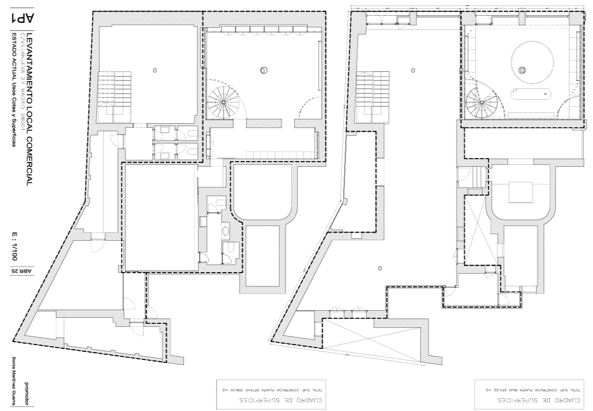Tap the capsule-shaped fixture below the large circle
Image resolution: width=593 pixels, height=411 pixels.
click(530, 94)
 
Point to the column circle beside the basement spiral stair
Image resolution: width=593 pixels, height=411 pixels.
click(264, 70)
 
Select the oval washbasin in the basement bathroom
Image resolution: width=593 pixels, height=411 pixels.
click(226, 231)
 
